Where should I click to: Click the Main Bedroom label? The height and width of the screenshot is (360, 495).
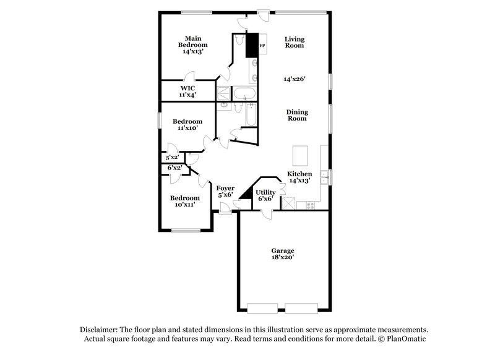point(192,45)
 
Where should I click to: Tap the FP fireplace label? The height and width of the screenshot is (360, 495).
point(262,46)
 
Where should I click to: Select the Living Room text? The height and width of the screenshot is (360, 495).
point(295,42)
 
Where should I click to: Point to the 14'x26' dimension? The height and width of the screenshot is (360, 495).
point(295,79)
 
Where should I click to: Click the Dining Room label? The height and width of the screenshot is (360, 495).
point(297,115)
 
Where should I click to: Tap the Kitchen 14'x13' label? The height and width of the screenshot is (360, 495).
point(299,178)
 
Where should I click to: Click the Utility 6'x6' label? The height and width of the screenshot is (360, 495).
point(265,195)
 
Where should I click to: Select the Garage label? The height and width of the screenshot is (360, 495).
point(282,251)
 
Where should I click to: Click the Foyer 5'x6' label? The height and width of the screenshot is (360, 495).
point(225,191)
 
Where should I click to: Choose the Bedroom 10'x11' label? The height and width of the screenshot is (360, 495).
point(185,201)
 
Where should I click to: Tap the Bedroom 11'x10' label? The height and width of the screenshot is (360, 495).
point(187,124)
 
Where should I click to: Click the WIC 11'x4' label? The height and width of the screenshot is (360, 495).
point(187,92)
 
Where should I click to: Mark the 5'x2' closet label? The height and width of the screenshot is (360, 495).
point(173,158)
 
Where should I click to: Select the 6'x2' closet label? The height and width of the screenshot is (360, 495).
point(174,168)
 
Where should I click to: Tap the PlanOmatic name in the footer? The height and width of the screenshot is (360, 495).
point(405,339)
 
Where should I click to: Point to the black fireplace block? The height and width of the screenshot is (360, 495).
point(252,45)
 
